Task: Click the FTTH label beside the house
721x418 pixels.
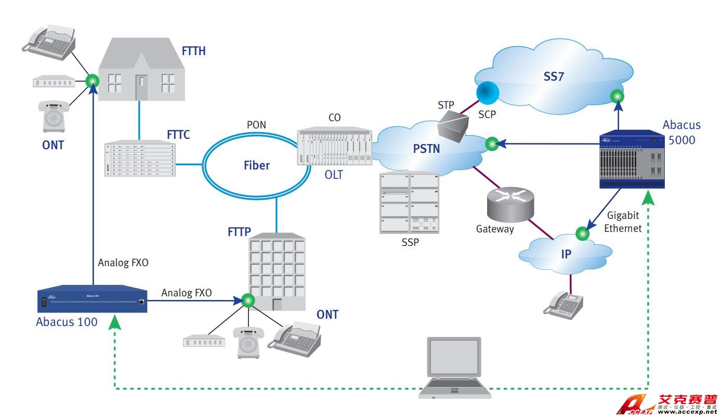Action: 193,51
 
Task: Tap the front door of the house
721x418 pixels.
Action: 141,87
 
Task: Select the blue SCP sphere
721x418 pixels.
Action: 488,92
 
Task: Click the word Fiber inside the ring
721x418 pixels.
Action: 257,165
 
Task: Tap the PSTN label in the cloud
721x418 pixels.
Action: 426,149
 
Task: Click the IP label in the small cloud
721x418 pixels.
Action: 566,254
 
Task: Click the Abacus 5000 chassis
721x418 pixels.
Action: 632,160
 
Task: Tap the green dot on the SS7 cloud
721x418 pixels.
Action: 617,96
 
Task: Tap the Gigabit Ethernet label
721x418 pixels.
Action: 624,222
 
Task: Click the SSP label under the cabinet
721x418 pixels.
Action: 410,242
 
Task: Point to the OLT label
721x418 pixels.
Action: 334,175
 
